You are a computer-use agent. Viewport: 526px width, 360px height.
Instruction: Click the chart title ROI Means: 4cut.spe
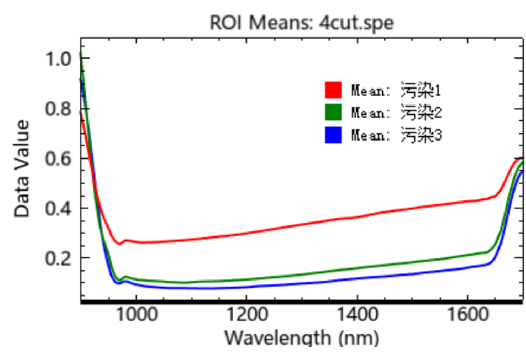[x=301, y=23]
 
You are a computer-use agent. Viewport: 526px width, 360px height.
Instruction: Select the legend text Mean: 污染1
[x=396, y=90]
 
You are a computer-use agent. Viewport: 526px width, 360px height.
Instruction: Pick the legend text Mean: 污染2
[x=396, y=113]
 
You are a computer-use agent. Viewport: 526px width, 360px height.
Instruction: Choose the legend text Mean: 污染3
[x=396, y=135]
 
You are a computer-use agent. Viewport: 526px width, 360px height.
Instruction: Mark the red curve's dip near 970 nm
[x=120, y=244]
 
